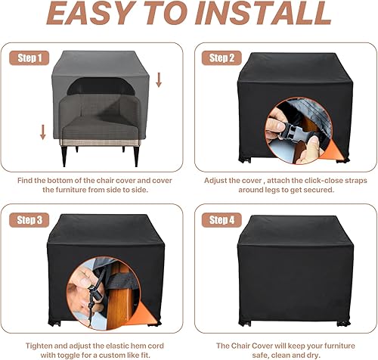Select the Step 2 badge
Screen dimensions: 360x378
click(222, 58)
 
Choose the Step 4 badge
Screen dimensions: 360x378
click(222, 221)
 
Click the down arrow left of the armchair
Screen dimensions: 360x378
click(43, 133)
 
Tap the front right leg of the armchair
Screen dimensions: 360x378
click(135, 155)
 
